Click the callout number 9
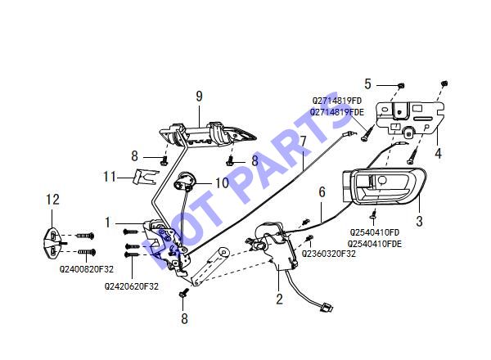click(199, 96)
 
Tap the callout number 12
click(52, 200)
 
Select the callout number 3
click(419, 222)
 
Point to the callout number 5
click(367, 84)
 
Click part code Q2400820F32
click(87, 269)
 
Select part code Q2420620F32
click(132, 286)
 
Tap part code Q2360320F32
click(328, 254)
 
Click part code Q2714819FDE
click(337, 112)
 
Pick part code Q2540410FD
click(375, 232)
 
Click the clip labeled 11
click(146, 177)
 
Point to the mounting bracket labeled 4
click(410, 116)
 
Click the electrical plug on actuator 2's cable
click(327, 307)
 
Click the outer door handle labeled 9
click(207, 134)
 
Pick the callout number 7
click(303, 142)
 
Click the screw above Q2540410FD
click(374, 214)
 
